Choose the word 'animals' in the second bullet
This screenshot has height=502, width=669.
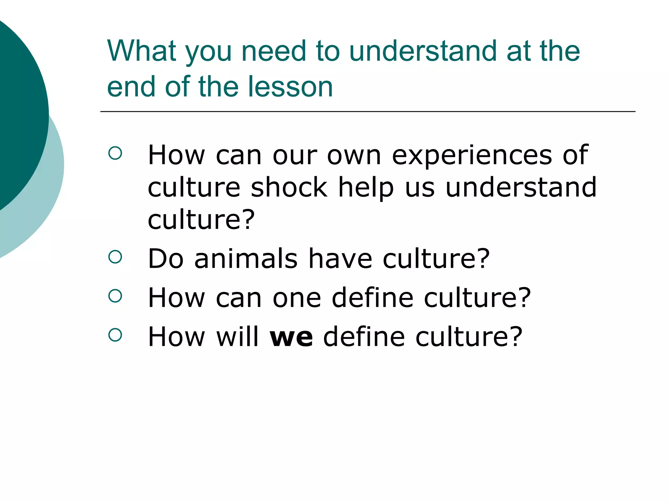coord(246,259)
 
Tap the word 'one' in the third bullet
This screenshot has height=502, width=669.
coord(297,298)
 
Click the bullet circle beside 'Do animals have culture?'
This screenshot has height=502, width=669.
coord(115,257)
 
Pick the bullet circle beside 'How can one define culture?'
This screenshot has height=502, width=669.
coord(115,296)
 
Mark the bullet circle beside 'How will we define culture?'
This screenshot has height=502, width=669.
coord(115,335)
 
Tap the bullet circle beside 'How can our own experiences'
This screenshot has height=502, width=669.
coord(115,153)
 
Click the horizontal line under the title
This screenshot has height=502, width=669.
coord(367,112)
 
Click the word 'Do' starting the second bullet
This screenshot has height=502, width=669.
coord(166,259)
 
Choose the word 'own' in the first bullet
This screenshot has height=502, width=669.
coord(354,156)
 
